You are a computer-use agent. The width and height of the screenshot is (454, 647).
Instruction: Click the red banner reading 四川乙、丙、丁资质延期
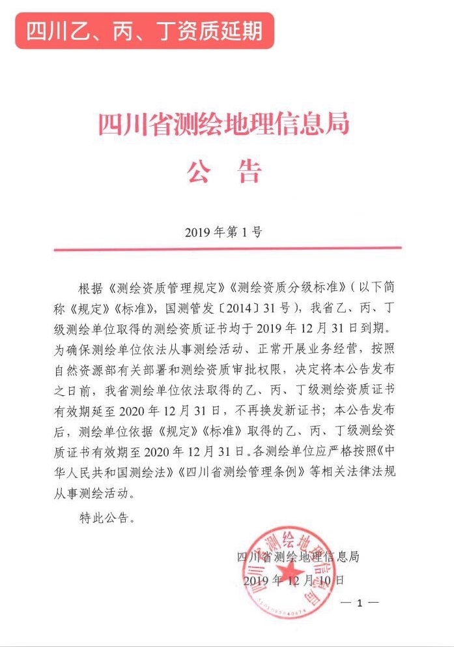click(x=145, y=30)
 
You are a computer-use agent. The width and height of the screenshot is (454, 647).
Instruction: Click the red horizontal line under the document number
click(x=227, y=248)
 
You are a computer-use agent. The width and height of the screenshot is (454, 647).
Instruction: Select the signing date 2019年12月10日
click(x=291, y=580)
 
